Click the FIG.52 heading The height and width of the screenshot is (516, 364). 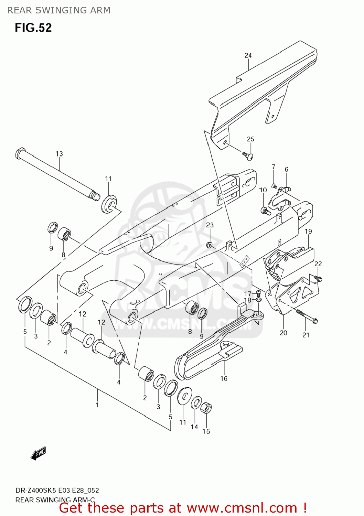click(x=33, y=28)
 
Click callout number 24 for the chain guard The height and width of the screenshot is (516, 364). click(x=248, y=55)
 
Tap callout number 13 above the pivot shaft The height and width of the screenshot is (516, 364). click(x=59, y=154)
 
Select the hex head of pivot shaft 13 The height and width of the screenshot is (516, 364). click(x=20, y=153)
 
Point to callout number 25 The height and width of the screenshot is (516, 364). click(x=250, y=139)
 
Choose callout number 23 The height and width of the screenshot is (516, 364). click(x=210, y=225)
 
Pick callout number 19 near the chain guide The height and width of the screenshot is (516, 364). click(x=308, y=232)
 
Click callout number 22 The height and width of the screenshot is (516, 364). click(x=318, y=264)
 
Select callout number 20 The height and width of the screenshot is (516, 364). click(x=283, y=333)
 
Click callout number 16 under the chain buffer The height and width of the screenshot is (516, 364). click(x=224, y=378)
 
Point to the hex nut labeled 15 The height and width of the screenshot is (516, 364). click(x=206, y=408)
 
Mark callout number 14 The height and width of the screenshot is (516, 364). click(x=194, y=427)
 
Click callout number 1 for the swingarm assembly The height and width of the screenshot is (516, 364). click(x=97, y=405)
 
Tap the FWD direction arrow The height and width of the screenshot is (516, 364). click(x=38, y=453)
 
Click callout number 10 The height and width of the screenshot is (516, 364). click(x=263, y=190)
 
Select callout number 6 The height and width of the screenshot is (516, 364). click(x=287, y=169)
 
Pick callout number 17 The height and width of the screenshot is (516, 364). click(x=248, y=294)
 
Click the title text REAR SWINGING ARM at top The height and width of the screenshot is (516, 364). click(x=59, y=10)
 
